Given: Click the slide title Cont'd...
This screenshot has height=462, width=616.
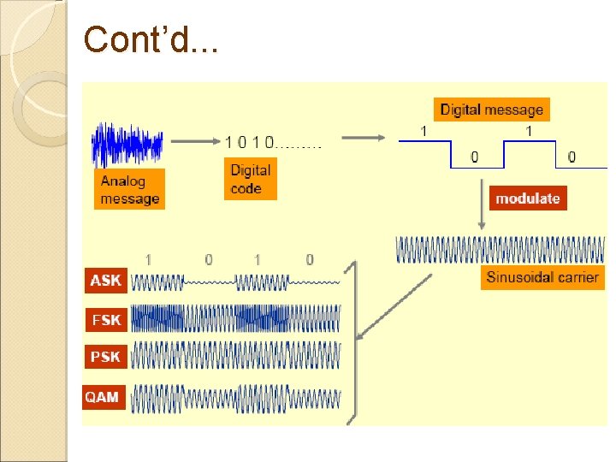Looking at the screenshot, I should (151, 39).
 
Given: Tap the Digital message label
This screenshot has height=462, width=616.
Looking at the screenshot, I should (491, 110).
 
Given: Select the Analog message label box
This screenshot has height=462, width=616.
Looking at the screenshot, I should (130, 189).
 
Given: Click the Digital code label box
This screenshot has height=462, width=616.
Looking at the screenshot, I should (250, 180).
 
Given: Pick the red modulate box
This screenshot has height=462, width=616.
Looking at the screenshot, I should (528, 198).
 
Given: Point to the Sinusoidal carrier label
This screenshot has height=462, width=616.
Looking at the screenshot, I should (542, 277).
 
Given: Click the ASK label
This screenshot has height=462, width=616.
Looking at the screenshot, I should (106, 280).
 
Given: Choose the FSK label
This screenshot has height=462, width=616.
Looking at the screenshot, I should (106, 320).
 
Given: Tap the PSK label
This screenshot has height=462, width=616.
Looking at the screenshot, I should (106, 357).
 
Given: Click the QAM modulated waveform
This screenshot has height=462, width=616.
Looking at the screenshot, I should (235, 398).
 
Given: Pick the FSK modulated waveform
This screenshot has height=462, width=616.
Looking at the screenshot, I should (235, 318).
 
